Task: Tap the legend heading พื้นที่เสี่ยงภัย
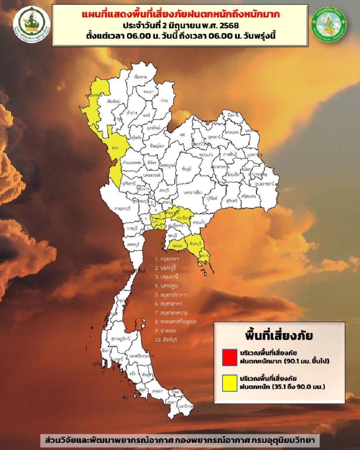tap(279, 333)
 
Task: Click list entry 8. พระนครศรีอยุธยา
tap(175, 322)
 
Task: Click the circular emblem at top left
tap(31, 23)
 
